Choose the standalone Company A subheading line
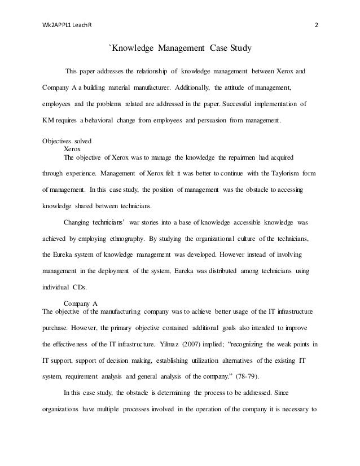click(83, 304)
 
